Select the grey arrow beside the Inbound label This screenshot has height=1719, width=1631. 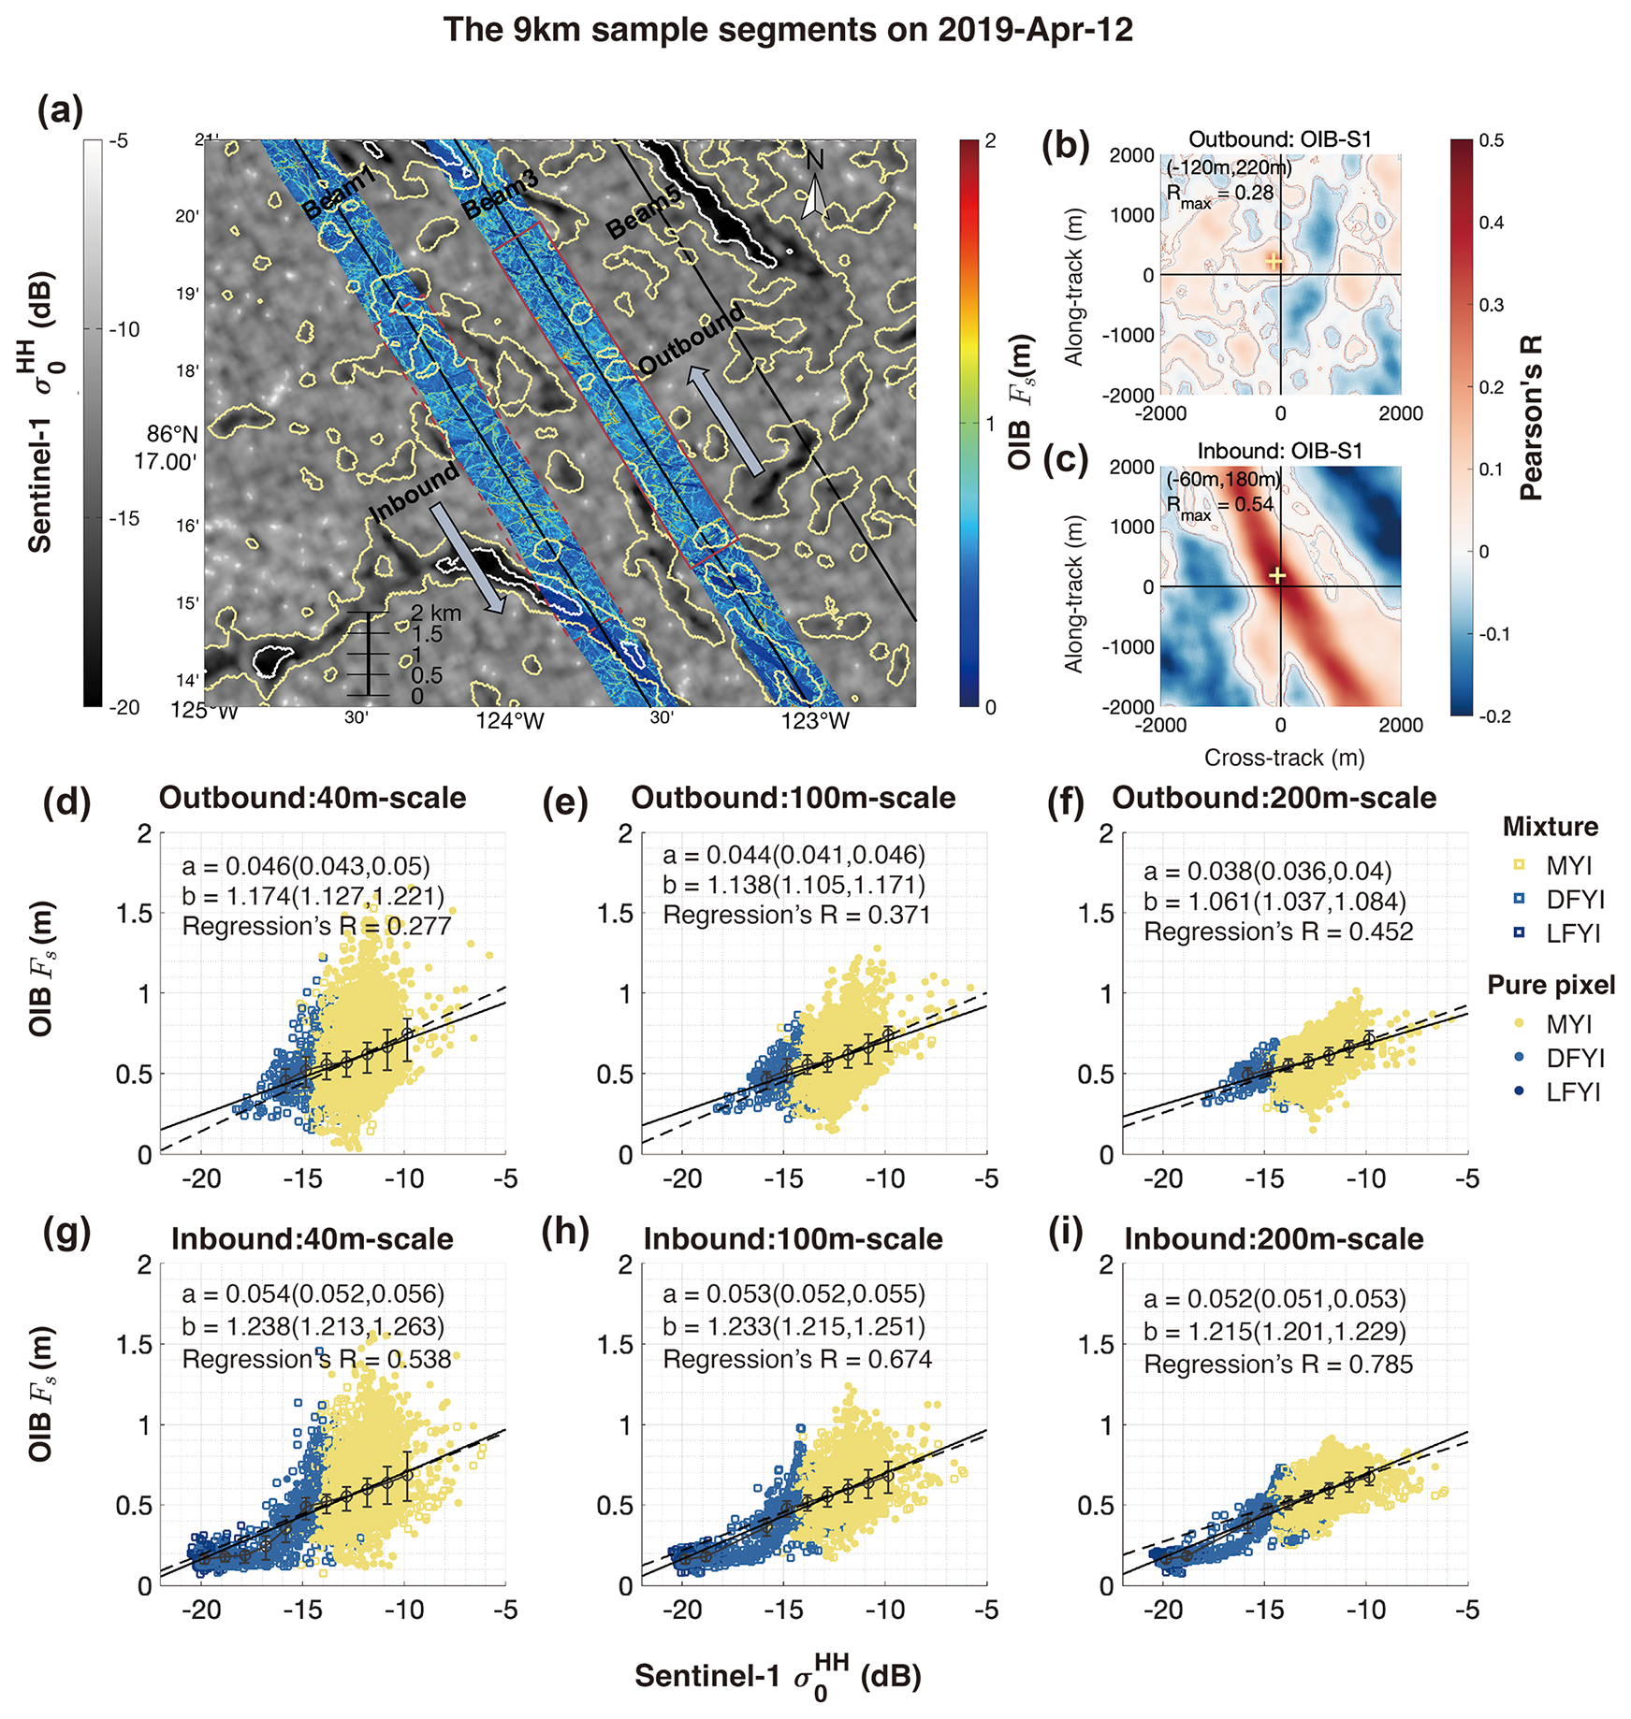coord(467,557)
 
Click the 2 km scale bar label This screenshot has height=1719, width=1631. coord(436,614)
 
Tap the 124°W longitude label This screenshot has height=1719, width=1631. coord(510,720)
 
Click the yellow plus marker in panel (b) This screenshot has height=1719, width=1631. coord(1274,261)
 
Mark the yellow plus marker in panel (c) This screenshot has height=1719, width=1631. coord(1276,575)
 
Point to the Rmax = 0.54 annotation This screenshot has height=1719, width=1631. coord(1219,505)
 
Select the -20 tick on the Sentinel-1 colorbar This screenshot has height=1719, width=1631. coord(124,707)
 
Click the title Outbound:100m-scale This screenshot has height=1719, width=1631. coord(794,798)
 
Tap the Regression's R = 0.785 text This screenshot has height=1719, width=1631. coord(1278,1365)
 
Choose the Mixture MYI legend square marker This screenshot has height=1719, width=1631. coord(1519,865)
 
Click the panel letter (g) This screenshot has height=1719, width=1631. coord(67,1234)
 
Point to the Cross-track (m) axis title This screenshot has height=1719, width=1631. coord(1284,758)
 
